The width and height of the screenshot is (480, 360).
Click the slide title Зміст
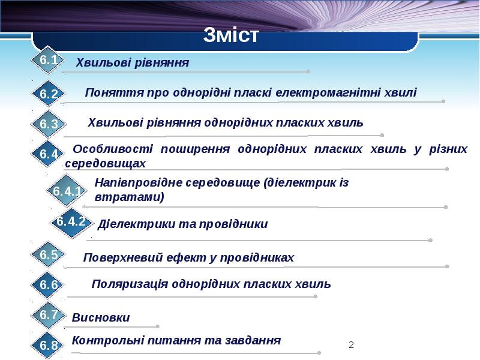(x=231, y=35)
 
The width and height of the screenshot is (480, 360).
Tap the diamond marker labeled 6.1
(x=48, y=59)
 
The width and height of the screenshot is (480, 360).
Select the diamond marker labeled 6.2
(x=49, y=94)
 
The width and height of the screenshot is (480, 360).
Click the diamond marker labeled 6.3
(x=49, y=124)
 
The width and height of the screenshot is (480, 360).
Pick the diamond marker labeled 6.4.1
(x=67, y=191)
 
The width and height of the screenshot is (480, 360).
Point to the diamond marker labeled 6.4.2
(x=71, y=222)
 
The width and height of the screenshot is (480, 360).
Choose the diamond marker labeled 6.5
(x=49, y=254)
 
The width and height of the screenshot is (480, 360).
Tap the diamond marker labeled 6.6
(x=48, y=284)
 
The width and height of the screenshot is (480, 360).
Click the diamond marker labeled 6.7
(x=48, y=314)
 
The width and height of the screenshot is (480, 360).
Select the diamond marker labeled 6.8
(x=48, y=345)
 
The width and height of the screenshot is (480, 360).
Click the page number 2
(x=351, y=345)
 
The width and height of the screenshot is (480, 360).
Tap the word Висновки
(x=101, y=317)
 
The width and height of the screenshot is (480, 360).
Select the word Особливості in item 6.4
(x=113, y=149)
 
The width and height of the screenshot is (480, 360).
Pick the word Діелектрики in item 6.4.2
(x=136, y=224)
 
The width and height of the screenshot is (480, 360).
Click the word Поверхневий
(x=123, y=258)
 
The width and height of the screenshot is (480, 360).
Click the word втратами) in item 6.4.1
(x=130, y=197)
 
